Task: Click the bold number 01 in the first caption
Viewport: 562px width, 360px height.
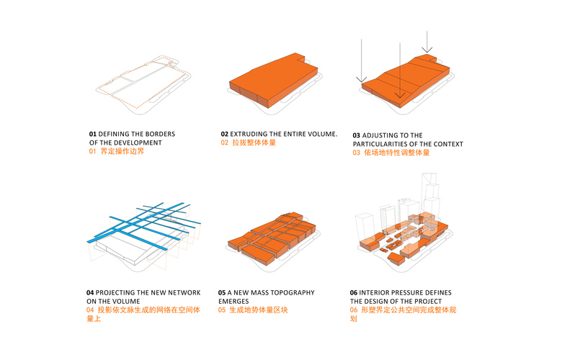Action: (92, 135)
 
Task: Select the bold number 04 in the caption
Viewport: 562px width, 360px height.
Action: (90, 293)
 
